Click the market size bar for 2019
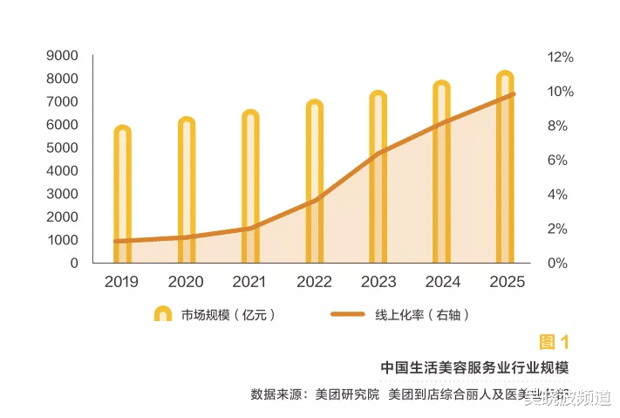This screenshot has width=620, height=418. coord(122,196)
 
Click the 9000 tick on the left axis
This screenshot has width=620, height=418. coord(62,56)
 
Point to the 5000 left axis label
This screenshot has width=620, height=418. coord(62,147)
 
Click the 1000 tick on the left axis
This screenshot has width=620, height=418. coord(62,240)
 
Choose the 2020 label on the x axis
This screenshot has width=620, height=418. coord(186,282)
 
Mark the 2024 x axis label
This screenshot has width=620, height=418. coord(442,282)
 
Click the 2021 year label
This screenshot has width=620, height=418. coord(249,282)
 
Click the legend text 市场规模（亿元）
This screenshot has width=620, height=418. coord(228,315)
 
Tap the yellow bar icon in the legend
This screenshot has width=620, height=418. coord(162,315)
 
